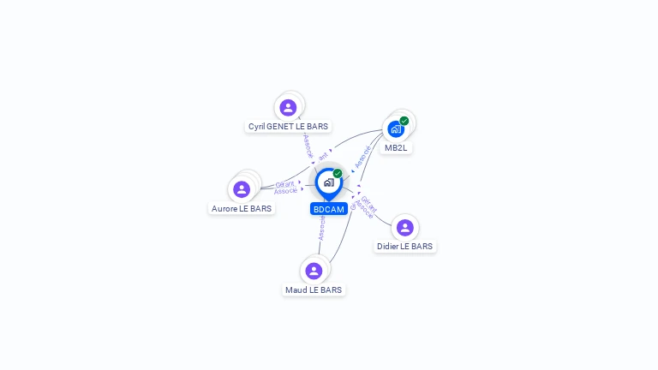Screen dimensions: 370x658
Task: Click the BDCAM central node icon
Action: point(328,182)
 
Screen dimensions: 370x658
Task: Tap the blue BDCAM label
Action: point(328,209)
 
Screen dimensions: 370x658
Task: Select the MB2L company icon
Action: point(395,129)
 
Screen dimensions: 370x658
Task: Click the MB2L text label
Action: point(396,147)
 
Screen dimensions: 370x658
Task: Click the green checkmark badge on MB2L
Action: point(404,121)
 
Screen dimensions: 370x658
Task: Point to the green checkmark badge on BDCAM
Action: point(338,174)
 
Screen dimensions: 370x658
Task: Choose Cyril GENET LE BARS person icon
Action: point(288,108)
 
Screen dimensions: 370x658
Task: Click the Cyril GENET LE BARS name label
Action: point(288,126)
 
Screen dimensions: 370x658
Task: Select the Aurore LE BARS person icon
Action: point(242,189)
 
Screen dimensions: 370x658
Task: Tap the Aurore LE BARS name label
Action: point(242,208)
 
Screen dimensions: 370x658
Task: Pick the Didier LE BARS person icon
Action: point(405,228)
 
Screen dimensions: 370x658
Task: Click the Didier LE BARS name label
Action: point(405,246)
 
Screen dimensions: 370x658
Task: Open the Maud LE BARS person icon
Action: point(314,271)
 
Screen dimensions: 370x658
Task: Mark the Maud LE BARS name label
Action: point(314,289)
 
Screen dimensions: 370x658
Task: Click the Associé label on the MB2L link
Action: point(362,156)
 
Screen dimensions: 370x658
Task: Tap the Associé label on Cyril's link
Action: point(308,146)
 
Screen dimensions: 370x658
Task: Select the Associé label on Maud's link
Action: point(321,227)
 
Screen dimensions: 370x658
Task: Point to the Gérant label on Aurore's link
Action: point(284,184)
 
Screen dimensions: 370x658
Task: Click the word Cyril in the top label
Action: point(256,126)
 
